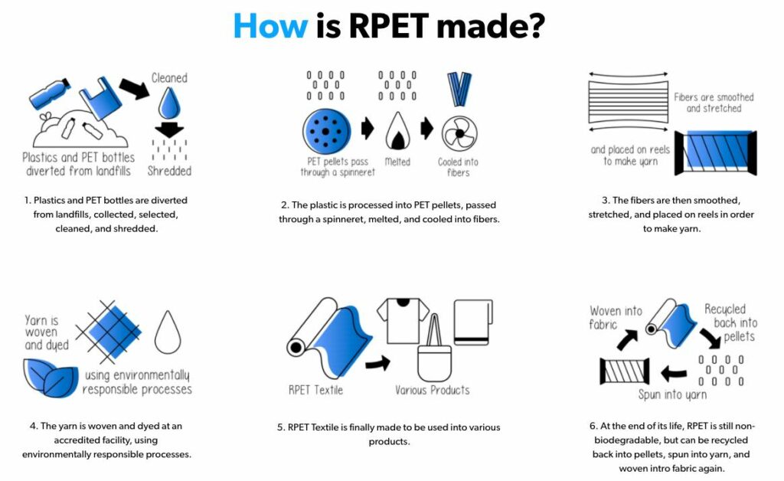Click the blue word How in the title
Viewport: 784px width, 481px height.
(x=270, y=25)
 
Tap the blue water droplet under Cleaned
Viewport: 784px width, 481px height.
(x=169, y=103)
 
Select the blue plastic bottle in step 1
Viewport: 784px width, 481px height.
(x=50, y=93)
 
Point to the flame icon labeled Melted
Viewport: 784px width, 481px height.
(x=397, y=131)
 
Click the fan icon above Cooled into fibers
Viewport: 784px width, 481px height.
(x=459, y=133)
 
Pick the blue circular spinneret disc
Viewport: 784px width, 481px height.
(x=326, y=132)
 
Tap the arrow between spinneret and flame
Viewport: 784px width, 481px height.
(x=367, y=129)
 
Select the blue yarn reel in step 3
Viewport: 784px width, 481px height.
(x=715, y=152)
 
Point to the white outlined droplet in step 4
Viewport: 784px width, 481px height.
(x=168, y=332)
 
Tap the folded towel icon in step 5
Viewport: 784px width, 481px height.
(x=473, y=322)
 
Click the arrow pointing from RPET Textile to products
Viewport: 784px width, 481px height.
(x=377, y=364)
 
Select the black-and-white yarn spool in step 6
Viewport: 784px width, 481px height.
(x=625, y=371)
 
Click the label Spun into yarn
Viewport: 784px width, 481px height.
(x=672, y=395)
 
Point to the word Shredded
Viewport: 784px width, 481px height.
(x=169, y=171)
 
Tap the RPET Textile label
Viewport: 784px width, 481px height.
(x=315, y=390)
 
